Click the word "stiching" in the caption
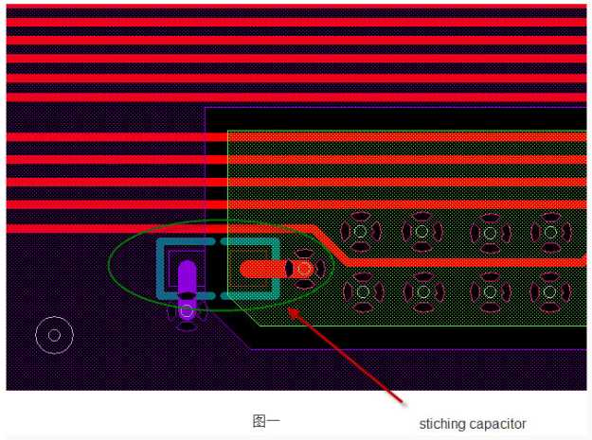pos(440,424)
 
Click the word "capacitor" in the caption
pos(494,424)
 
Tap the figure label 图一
pos(266,421)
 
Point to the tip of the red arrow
pos(289,308)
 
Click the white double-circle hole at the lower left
pos(54,335)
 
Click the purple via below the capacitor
pos(187,311)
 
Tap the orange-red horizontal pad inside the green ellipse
pos(264,269)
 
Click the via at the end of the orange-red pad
pos(303,269)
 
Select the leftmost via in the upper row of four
pos(360,232)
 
